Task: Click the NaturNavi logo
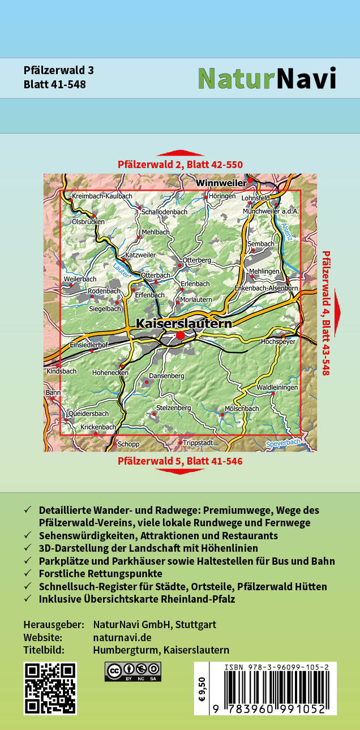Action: (267, 78)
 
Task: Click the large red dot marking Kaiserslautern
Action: (181, 336)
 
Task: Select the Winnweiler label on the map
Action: (221, 183)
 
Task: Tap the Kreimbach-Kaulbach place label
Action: (102, 196)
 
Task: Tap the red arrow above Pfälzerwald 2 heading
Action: (180, 153)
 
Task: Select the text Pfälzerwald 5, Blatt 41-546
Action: (180, 461)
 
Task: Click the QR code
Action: (50, 688)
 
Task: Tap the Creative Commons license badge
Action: (132, 672)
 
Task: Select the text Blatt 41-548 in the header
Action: (55, 84)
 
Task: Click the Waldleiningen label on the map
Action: (277, 388)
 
